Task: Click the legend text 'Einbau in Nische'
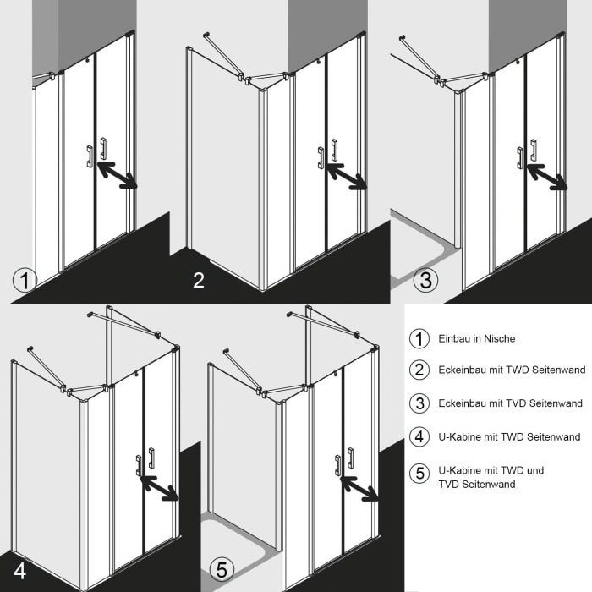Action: (476, 338)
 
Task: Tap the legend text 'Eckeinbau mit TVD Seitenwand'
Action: (510, 403)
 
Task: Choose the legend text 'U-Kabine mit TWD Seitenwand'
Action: (509, 437)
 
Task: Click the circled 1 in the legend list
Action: (419, 338)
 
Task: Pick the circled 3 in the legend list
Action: (419, 403)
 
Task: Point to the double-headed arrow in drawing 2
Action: (346, 176)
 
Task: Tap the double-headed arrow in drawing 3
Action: (545, 177)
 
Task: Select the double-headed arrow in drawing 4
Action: (159, 487)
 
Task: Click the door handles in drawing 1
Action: (96, 151)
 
